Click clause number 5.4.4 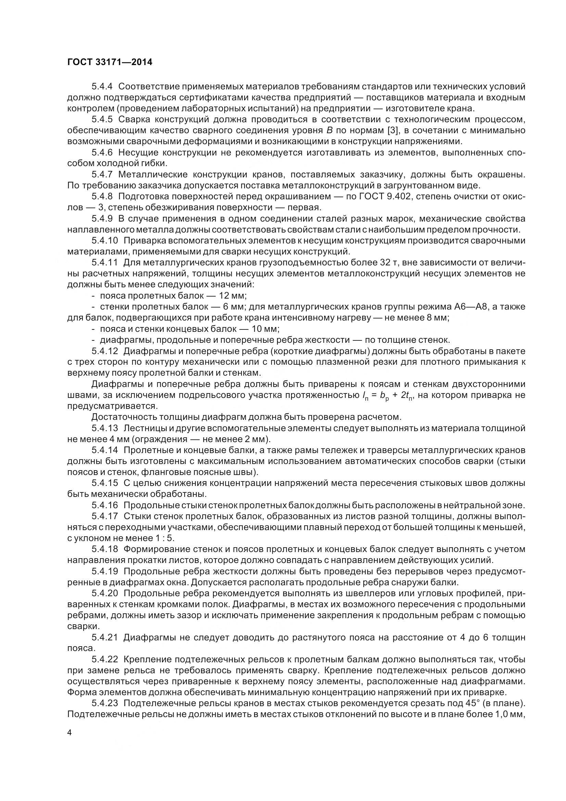pyautogui.click(x=102, y=86)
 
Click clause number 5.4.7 pyautogui.click(x=102, y=174)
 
